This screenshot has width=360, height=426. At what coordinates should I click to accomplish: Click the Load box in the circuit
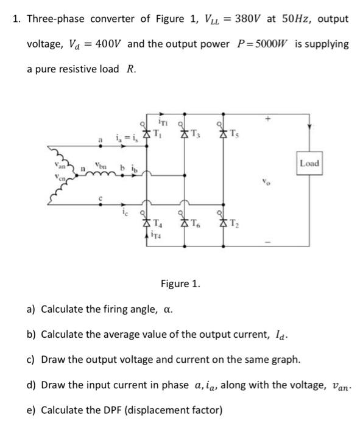[x=309, y=164]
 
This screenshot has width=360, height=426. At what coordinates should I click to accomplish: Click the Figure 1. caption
[x=181, y=284]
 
